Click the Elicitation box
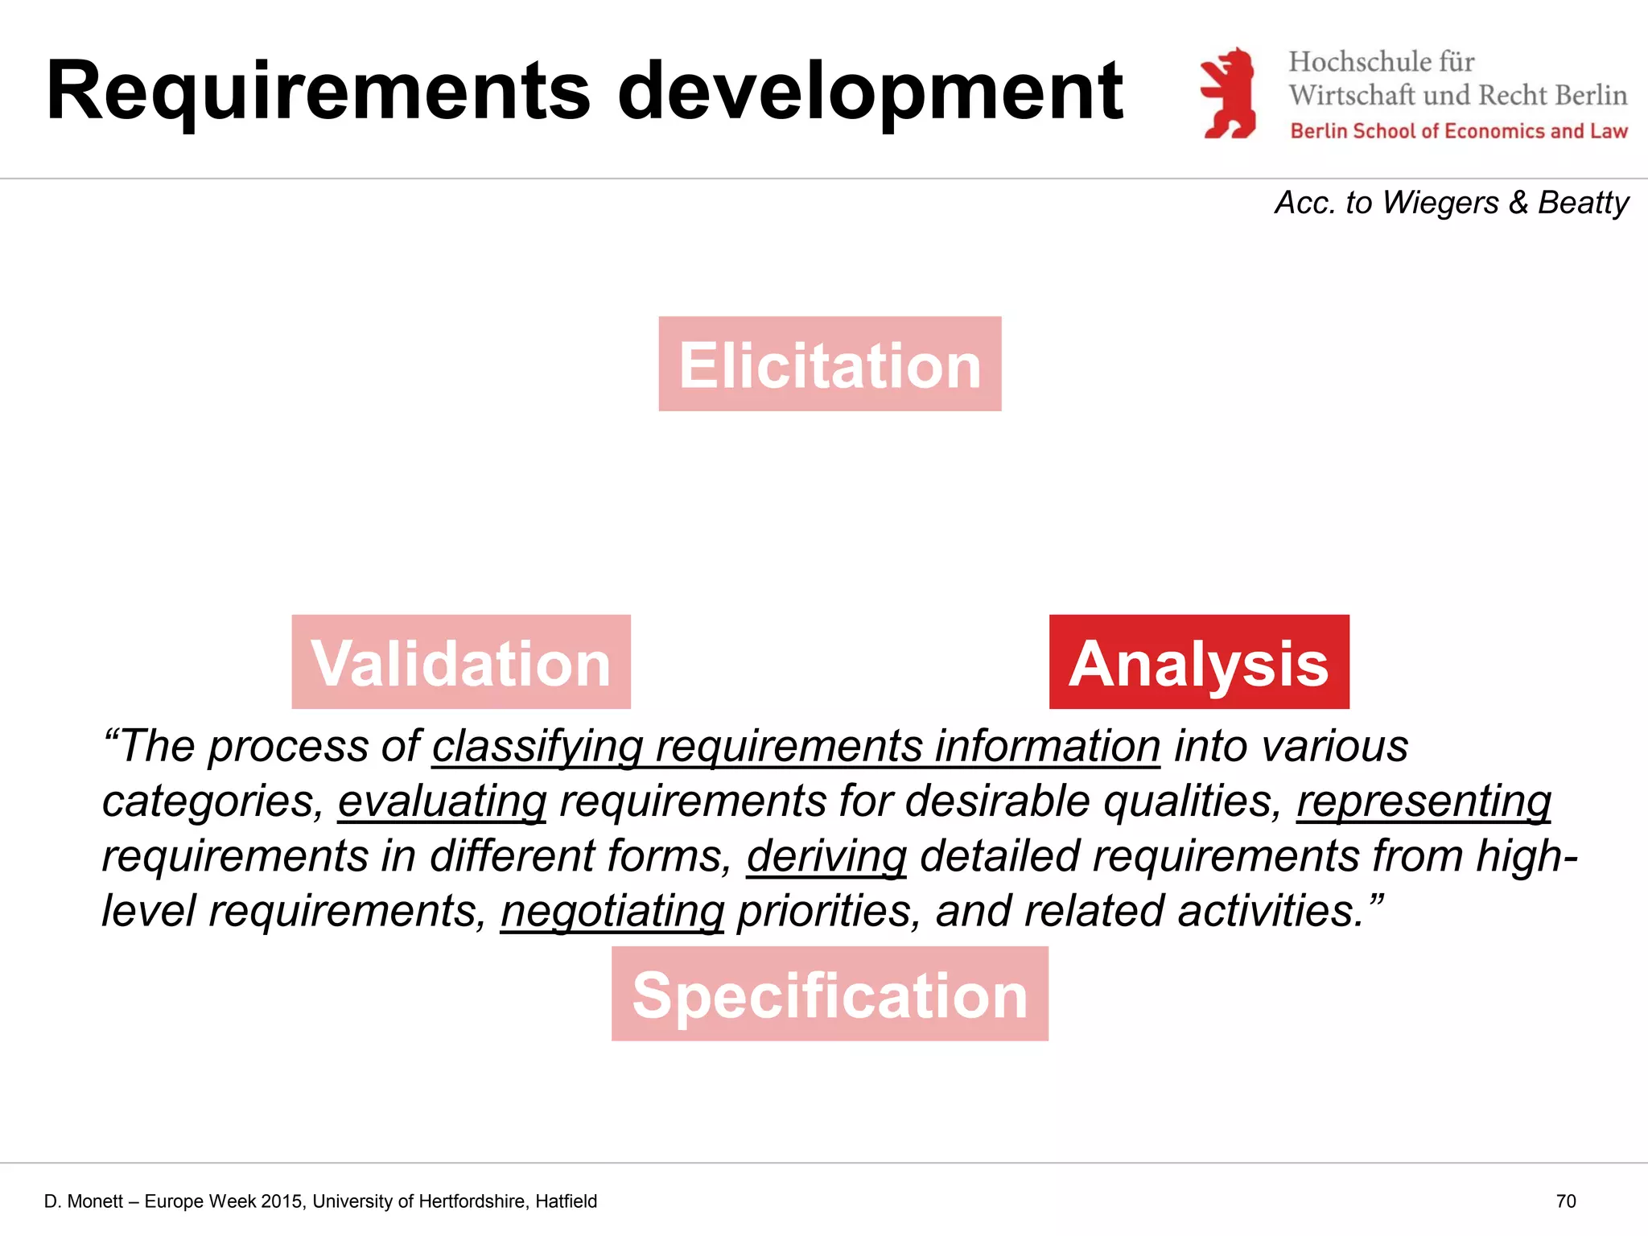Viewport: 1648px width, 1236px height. [x=830, y=365]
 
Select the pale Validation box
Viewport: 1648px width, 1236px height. [x=461, y=662]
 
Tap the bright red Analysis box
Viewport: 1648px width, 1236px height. [x=1199, y=662]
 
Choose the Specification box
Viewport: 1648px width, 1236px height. [x=830, y=995]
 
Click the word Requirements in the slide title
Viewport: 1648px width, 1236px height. [x=319, y=93]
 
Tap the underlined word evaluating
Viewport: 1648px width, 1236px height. [x=442, y=801]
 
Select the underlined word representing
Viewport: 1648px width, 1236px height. [x=1423, y=801]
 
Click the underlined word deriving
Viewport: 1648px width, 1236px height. [x=826, y=856]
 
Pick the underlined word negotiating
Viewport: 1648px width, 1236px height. [x=612, y=911]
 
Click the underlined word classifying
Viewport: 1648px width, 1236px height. [x=538, y=747]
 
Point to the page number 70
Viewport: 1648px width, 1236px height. [x=1566, y=1201]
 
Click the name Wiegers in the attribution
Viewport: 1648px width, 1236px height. [x=1440, y=203]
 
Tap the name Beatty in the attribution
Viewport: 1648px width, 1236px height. [x=1583, y=203]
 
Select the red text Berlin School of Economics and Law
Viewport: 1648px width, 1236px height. [x=1459, y=131]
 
